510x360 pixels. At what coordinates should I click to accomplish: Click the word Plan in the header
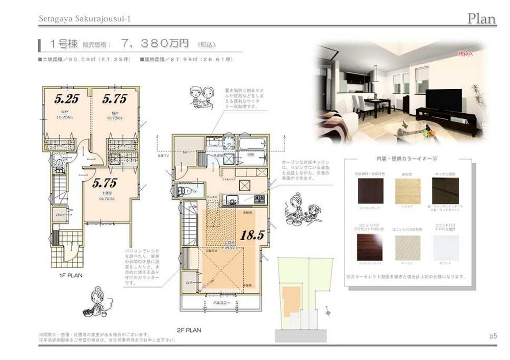[481, 19]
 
